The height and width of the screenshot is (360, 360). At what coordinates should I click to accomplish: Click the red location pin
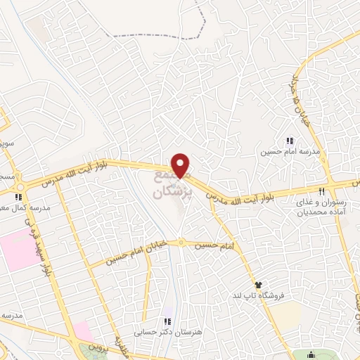coord(181,165)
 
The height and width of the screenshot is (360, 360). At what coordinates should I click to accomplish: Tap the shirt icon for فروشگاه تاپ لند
coord(259,285)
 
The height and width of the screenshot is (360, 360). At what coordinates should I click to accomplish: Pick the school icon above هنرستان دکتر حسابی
coord(167,320)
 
